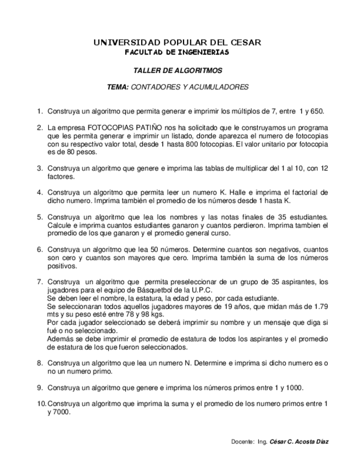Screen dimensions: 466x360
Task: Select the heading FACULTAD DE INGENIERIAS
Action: pyautogui.click(x=176, y=52)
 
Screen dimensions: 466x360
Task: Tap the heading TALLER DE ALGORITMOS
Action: pyautogui.click(x=178, y=71)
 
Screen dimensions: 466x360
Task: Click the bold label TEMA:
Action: pyautogui.click(x=118, y=87)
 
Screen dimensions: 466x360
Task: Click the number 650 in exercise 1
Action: pyautogui.click(x=317, y=111)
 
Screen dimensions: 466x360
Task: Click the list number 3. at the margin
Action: pyautogui.click(x=40, y=169)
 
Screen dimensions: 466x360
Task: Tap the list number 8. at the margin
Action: pyautogui.click(x=40, y=363)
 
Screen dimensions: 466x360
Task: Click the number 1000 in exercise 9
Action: pyautogui.click(x=295, y=387)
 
